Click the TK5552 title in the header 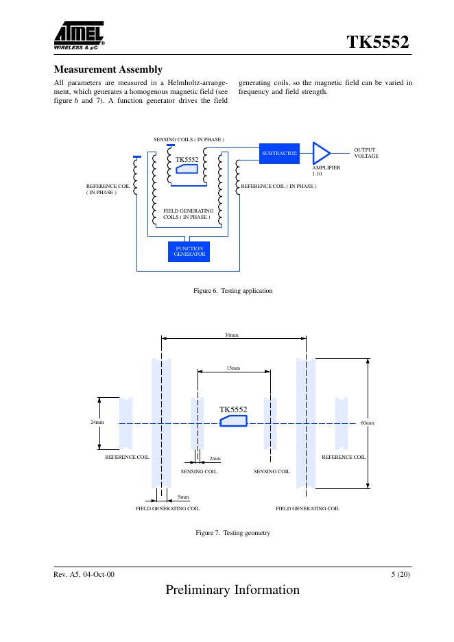click(x=379, y=43)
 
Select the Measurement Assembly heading click(x=108, y=70)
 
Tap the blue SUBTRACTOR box click(x=278, y=153)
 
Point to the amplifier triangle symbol click(x=320, y=152)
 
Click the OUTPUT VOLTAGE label click(x=366, y=152)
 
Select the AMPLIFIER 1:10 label click(x=326, y=170)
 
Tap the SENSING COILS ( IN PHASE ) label click(x=189, y=139)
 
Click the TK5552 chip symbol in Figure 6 click(x=187, y=169)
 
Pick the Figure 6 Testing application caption click(x=233, y=291)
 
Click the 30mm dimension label click(x=232, y=335)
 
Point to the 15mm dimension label click(x=233, y=368)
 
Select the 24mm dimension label click(x=97, y=422)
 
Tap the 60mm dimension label click(x=368, y=423)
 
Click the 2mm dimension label click(x=215, y=457)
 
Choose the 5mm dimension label click(x=183, y=496)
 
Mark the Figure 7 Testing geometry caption click(x=233, y=533)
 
